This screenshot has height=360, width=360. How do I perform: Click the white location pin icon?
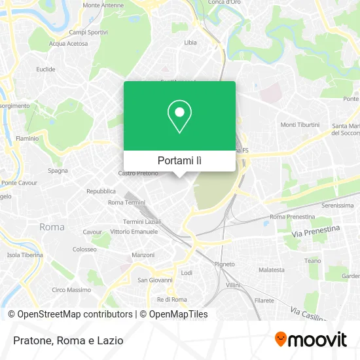coord(179,116)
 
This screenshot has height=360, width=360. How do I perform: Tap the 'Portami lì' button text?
coord(179,160)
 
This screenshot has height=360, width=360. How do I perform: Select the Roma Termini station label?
coord(126,202)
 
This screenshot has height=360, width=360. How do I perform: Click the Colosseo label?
coord(85,249)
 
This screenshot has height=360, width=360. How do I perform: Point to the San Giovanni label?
coord(154,280)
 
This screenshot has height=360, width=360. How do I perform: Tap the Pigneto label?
coord(225,264)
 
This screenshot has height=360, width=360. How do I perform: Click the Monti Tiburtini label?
coord(300,124)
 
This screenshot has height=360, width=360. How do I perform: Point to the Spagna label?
coord(58,171)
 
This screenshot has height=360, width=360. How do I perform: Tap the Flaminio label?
coord(27,138)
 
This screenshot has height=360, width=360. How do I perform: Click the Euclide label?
coord(46,69)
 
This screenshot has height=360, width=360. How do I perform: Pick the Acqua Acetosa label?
coord(68,44)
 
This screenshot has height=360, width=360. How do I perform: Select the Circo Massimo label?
coord(71,290)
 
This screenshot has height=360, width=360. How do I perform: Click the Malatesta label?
coord(272,270)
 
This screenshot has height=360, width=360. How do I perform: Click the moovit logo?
coord(311,339)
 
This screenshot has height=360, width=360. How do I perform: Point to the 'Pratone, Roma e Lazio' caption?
coord(66,340)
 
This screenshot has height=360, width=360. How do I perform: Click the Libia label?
coord(190,43)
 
